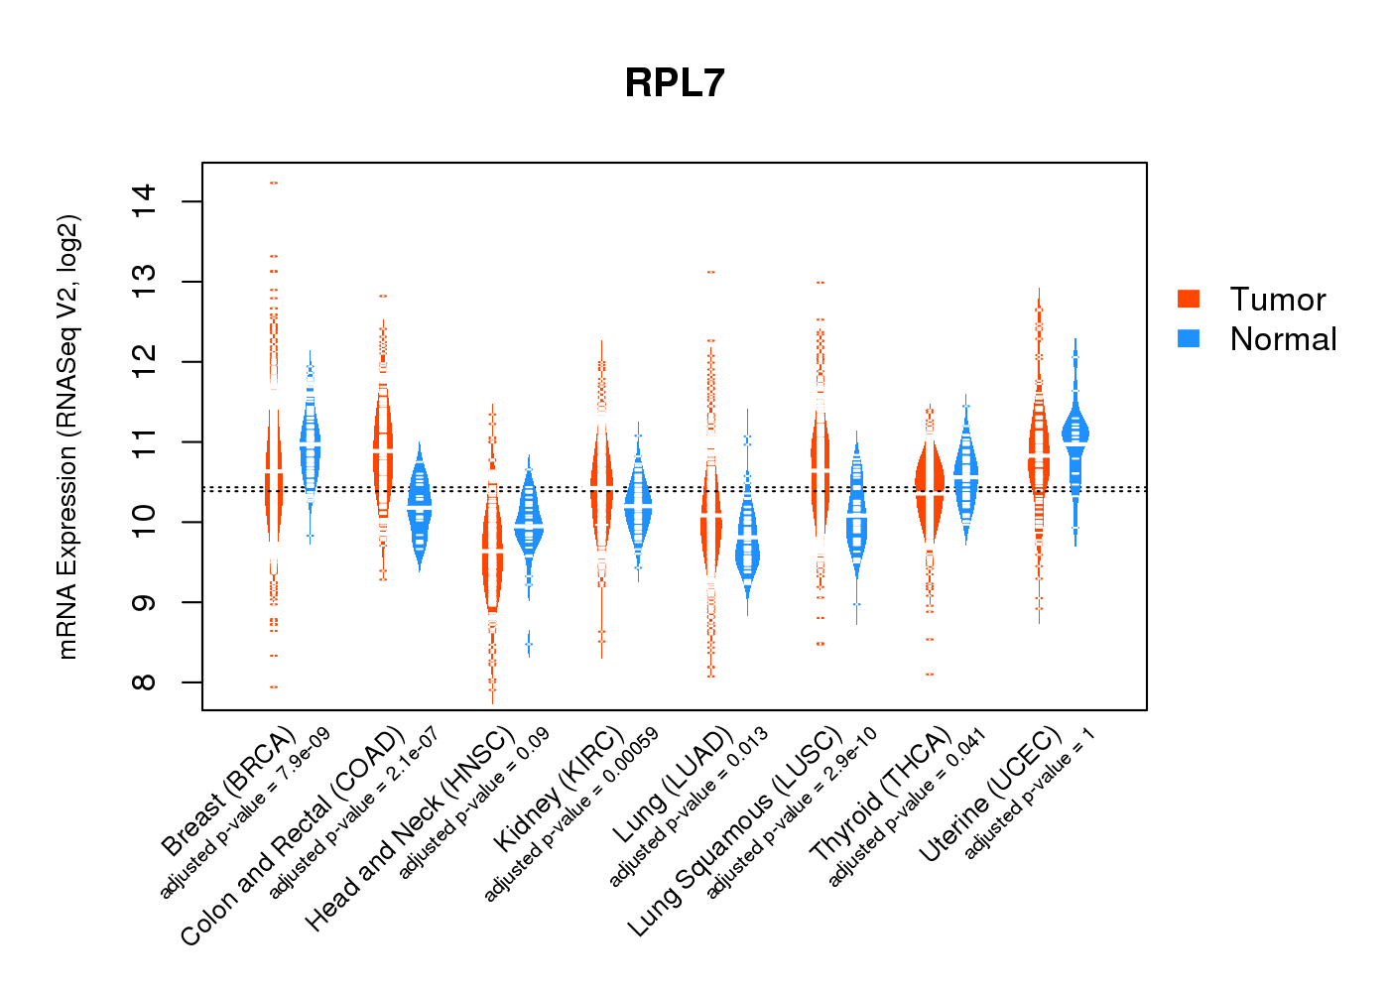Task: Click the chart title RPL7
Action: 675,83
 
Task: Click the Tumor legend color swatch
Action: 1189,299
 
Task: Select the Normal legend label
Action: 1283,339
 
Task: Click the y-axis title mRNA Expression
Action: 67,436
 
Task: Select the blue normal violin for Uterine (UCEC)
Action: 1074,432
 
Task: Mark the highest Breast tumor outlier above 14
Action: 274,183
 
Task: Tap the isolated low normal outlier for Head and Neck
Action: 529,645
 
